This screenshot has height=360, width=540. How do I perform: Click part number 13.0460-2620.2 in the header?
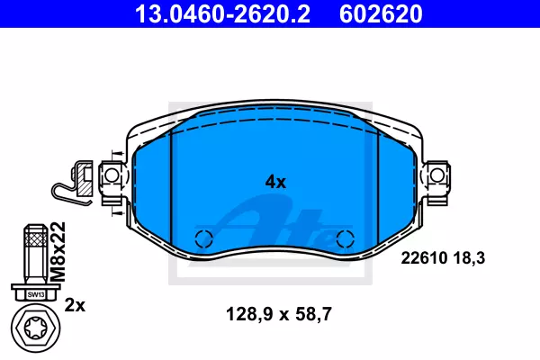pos(222,14)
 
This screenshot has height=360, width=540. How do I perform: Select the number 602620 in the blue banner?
pos(381,14)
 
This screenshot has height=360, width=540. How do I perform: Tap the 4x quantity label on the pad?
pos(275,182)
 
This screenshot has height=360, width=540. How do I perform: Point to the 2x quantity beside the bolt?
pos(75,305)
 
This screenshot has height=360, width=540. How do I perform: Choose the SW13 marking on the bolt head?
pos(36,294)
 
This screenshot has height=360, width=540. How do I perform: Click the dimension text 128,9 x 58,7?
pos(278,314)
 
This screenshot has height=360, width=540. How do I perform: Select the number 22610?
pos(424,257)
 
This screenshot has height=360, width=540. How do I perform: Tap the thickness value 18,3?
pos(469,258)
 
